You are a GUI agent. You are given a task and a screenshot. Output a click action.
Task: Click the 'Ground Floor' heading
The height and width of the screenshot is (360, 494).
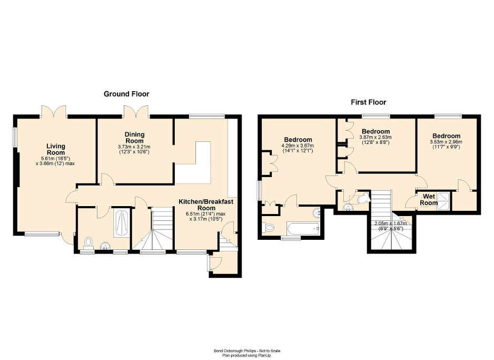[x=126, y=94]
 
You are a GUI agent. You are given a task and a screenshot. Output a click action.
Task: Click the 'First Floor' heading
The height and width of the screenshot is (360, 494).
[x=368, y=102]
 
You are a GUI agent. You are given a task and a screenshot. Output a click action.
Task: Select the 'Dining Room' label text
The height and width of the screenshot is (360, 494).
[x=134, y=138]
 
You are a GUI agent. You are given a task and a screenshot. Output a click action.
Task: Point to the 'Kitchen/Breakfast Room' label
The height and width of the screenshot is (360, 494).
[x=206, y=205]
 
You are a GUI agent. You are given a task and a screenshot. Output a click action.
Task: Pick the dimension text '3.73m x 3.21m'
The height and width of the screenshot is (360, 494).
[x=134, y=147]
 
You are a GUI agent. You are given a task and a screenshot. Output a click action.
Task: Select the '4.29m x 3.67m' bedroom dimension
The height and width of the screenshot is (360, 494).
[x=298, y=146]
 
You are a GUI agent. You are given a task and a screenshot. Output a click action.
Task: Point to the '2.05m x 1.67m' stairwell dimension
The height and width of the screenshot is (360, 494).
[x=390, y=223]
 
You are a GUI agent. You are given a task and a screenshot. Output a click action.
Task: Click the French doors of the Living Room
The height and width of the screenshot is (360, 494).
[x=54, y=111]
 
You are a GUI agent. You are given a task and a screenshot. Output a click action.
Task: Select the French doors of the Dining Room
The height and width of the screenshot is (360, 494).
[x=136, y=111]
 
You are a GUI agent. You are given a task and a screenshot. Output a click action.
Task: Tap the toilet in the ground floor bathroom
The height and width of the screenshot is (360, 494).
[x=88, y=243]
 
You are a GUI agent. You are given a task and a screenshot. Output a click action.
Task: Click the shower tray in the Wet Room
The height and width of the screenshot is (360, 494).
[x=445, y=198]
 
